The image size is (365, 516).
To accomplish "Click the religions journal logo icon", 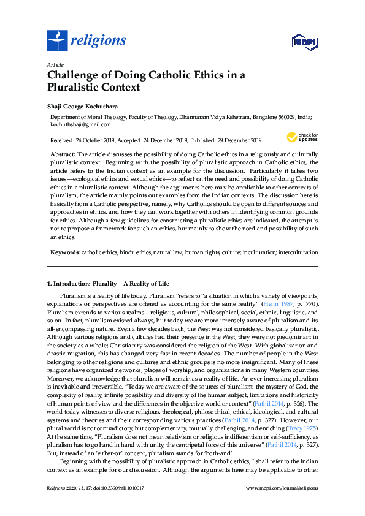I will tap(57, 41).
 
